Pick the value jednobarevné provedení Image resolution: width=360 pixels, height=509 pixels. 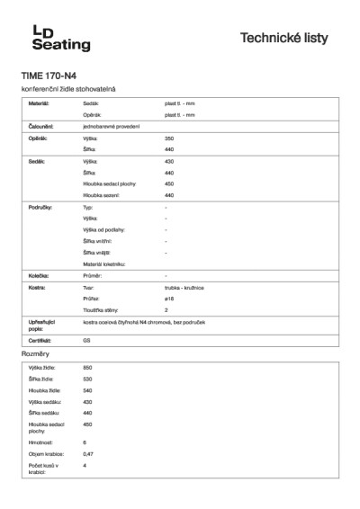tap(109, 127)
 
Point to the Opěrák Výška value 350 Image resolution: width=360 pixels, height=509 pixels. tap(169, 138)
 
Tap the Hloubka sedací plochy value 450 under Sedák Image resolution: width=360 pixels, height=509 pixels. tap(169, 183)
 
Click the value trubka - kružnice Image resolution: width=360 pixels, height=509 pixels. tap(183, 287)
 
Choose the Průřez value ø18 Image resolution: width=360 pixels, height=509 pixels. tap(169, 298)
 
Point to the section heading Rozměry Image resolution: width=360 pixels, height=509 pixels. tap(35, 356)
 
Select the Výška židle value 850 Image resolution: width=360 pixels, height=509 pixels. tap(87, 369)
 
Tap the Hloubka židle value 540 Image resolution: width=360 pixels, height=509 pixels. tap(87, 391)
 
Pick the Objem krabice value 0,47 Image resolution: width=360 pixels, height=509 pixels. tap(88, 454)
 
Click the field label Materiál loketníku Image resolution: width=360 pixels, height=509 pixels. tap(103, 263)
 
